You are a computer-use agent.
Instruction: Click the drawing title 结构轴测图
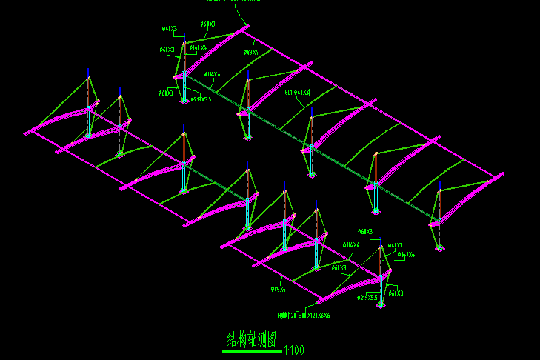252,340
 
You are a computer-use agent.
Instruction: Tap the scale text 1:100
293,350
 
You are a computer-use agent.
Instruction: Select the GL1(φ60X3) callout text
298,93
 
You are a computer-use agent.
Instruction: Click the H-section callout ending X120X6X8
304,315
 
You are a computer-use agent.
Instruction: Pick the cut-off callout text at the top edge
233,1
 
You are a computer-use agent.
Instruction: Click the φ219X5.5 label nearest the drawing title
368,298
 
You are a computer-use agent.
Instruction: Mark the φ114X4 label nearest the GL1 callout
213,74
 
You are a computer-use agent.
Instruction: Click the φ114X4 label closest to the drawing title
351,244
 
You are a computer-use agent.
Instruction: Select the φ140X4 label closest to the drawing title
406,255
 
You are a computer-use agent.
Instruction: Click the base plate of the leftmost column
88,136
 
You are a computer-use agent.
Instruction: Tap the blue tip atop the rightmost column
440,183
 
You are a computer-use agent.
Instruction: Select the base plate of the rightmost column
441,247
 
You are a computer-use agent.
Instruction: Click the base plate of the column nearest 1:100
317,267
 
